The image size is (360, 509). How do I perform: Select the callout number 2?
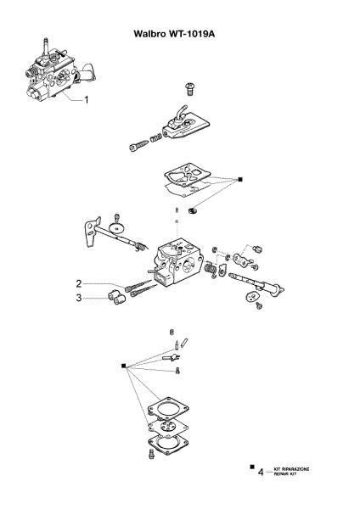pos(78,282)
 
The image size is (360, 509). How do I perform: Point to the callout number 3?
pos(78,298)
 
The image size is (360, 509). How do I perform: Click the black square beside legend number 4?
pos(250,466)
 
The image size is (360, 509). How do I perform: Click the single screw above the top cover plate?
pos(188,88)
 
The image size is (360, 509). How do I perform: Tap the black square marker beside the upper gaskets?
pos(241,180)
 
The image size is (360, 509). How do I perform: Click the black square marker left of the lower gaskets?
pos(124,365)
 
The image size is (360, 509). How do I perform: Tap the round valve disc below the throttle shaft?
pos(253,296)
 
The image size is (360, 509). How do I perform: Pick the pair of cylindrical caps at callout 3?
pos(115,296)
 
